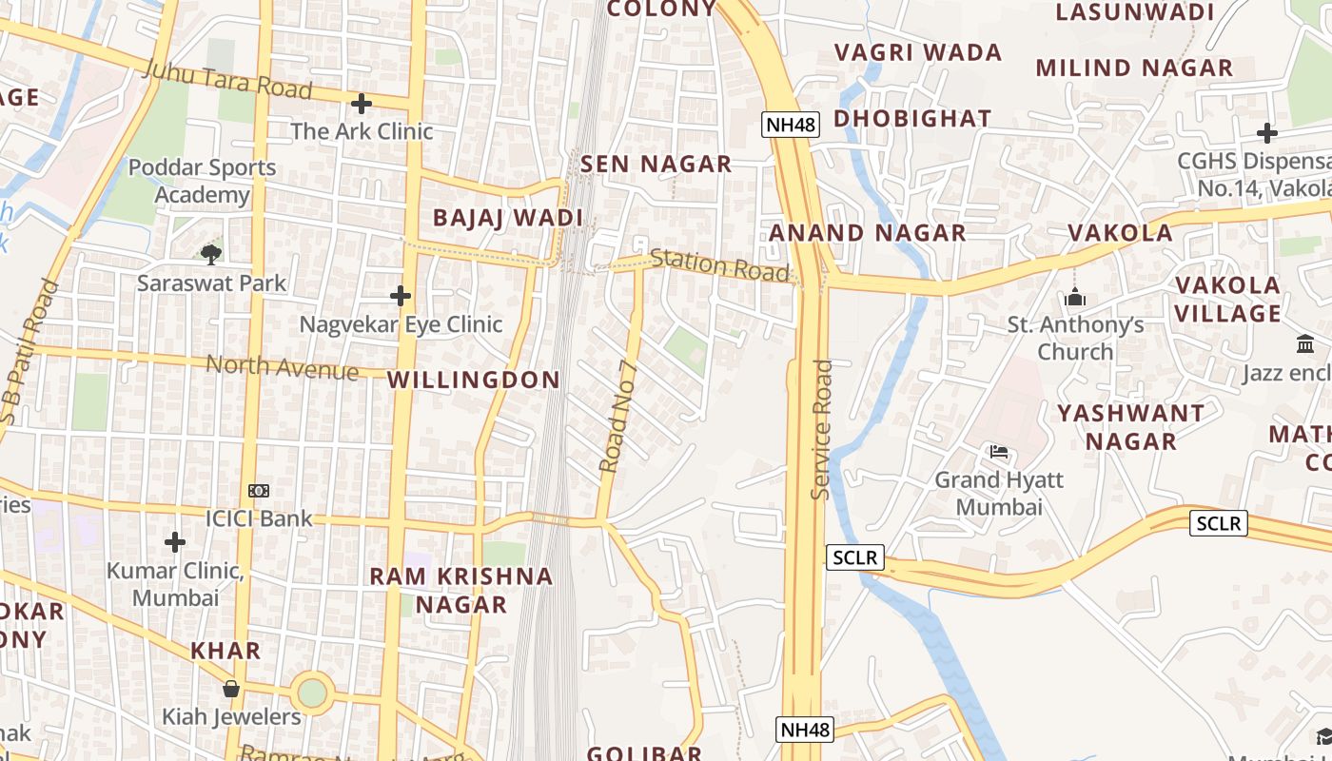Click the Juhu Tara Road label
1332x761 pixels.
[227, 79]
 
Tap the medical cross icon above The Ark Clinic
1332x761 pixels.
[362, 103]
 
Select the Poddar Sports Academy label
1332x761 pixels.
[202, 181]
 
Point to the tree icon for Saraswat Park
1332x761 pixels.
[211, 253]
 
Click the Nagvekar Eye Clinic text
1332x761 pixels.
[401, 324]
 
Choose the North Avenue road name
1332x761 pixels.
[282, 366]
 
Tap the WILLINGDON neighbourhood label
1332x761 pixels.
[474, 380]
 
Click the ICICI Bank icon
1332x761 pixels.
[259, 491]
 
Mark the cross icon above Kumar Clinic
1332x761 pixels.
[175, 542]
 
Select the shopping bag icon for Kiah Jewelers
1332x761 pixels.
[230, 689]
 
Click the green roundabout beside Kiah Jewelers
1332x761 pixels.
[312, 692]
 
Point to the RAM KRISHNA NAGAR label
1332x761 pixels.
[461, 590]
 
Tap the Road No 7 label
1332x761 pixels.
[617, 417]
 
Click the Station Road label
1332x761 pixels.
[720, 265]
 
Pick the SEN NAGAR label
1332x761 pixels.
[656, 164]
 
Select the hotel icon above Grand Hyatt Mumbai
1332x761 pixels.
[998, 451]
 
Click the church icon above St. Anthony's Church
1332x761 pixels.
[1075, 298]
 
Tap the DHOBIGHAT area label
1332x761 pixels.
[912, 119]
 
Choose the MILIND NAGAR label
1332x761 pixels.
[1134, 68]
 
